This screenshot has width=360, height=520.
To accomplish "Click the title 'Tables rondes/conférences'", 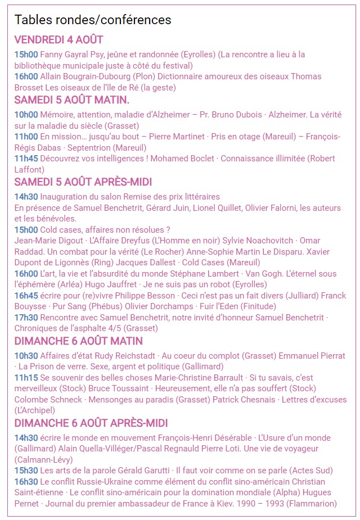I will tap(93, 20).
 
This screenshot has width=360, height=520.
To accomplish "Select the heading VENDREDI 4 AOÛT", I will tap(58, 39).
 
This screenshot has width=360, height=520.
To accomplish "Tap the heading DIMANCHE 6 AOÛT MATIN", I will tap(78, 341).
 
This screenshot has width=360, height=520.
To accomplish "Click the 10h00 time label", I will tap(26, 114).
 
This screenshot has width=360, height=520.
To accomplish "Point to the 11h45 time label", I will tap(26, 158).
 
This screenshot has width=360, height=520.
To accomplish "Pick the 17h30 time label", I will tap(26, 317).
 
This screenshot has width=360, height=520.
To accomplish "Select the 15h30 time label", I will tap(26, 470).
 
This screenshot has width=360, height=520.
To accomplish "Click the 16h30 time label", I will tap(26, 481).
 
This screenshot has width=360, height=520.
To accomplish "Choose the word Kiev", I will tap(232, 503).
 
